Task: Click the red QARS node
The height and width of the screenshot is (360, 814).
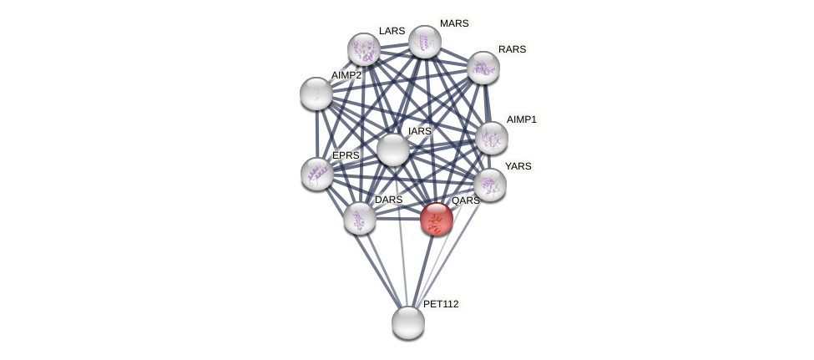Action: [x=436, y=219]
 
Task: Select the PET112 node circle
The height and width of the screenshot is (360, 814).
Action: [x=407, y=322]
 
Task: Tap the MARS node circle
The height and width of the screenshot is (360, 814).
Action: [x=424, y=42]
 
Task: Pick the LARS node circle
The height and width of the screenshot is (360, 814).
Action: [x=363, y=49]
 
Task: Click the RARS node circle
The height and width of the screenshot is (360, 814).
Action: [x=483, y=68]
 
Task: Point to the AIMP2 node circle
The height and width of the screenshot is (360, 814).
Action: [x=316, y=94]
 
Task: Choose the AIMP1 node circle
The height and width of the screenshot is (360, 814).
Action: [x=491, y=138]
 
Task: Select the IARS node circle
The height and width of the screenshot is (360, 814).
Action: [x=392, y=150]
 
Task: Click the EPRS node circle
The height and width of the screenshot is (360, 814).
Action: [x=317, y=174]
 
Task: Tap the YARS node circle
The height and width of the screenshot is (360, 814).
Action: [x=489, y=185]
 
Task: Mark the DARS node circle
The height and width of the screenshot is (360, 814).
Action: [x=359, y=218]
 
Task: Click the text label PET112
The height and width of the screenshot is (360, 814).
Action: [x=441, y=304]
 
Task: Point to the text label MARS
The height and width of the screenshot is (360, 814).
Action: [x=454, y=23]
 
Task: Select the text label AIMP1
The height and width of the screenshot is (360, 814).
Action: [x=521, y=119]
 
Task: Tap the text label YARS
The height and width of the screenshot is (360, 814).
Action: [x=518, y=166]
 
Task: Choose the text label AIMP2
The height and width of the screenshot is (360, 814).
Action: [x=346, y=75]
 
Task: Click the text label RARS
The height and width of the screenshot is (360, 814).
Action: [x=512, y=49]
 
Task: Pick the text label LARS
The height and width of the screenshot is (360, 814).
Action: [x=392, y=31]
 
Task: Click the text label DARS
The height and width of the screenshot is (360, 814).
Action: [x=388, y=200]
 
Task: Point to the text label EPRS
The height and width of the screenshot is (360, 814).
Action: [x=346, y=155]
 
